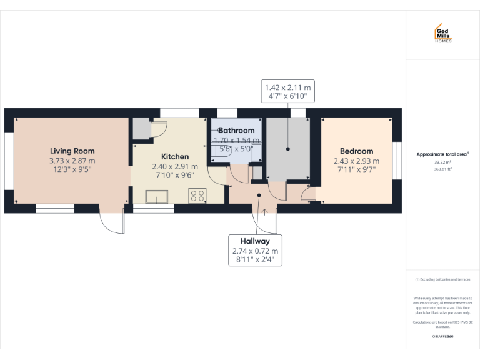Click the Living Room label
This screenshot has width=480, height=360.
[72, 151]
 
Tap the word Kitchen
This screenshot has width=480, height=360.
[175, 156]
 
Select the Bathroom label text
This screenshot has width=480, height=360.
[236, 131]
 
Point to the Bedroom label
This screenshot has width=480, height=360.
[356, 151]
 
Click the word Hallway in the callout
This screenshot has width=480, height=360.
[255, 241]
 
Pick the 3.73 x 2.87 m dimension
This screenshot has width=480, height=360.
[72, 161]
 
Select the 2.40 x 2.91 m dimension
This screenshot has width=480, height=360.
[175, 166]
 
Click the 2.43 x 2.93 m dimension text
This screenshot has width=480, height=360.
[356, 161]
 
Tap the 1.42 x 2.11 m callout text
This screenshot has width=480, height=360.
[287, 87]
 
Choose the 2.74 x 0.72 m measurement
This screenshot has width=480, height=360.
[255, 251]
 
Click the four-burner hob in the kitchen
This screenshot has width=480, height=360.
[198, 195]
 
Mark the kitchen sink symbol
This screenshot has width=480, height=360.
[154, 197]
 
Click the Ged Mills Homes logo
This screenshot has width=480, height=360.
[443, 34]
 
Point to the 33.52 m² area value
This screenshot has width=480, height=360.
[442, 162]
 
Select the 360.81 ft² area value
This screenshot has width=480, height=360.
[442, 169]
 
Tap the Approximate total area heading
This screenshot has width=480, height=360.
[442, 154]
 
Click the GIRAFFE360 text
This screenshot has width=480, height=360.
[442, 337]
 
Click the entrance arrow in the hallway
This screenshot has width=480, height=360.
[265, 211]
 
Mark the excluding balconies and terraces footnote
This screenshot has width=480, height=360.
[442, 279]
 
